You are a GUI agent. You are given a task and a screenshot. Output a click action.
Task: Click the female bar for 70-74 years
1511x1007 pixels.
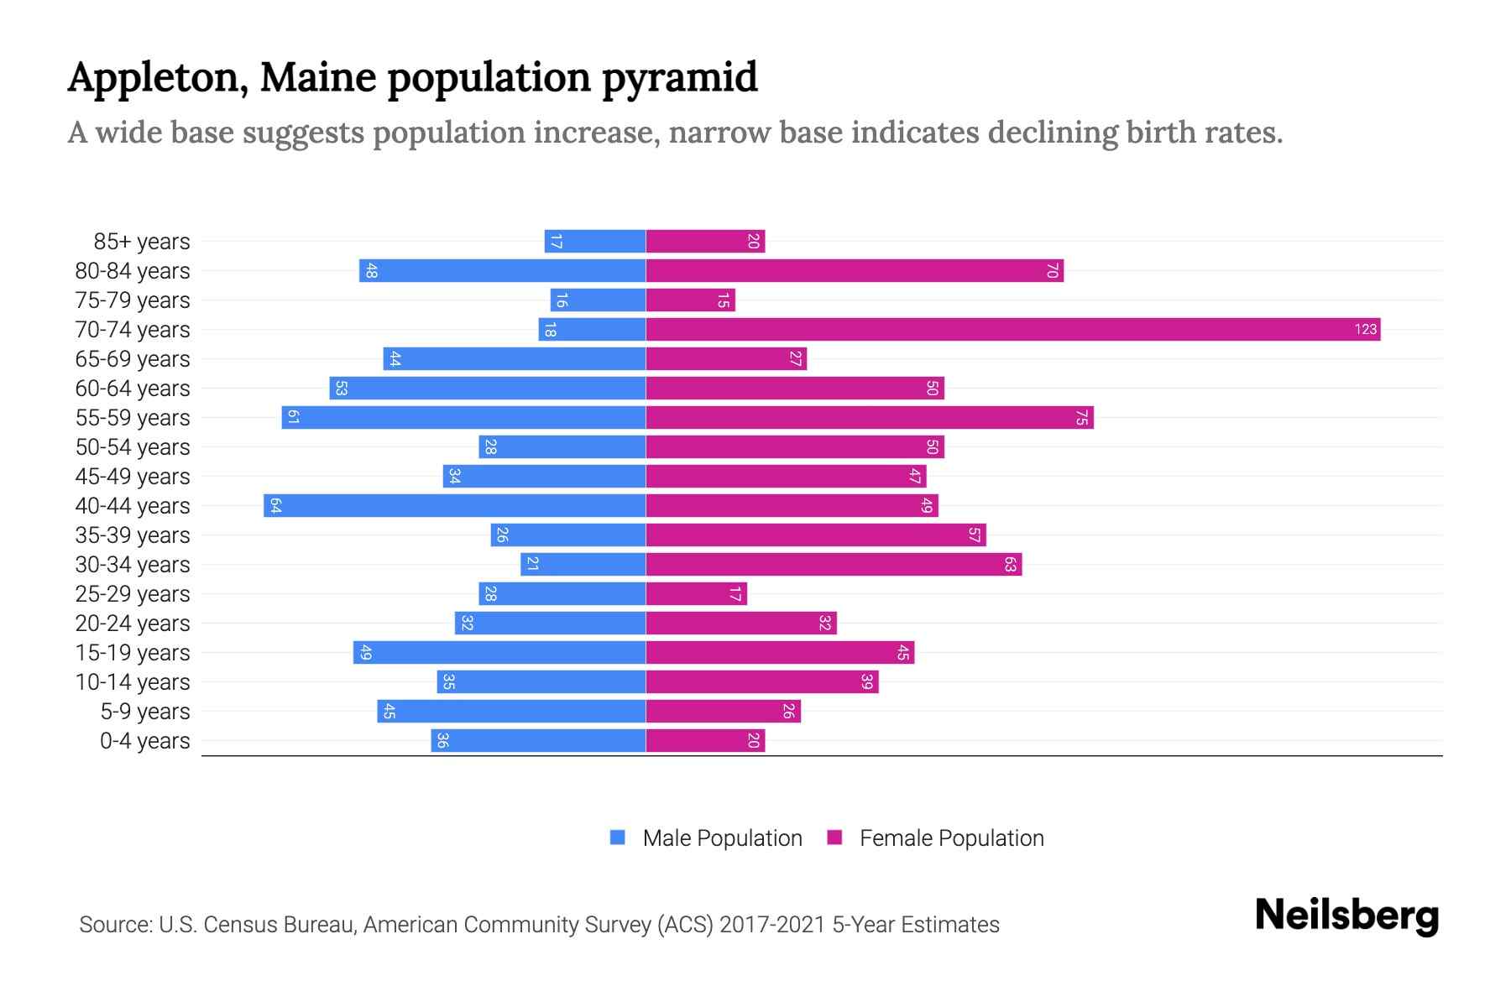pyautogui.click(x=1012, y=330)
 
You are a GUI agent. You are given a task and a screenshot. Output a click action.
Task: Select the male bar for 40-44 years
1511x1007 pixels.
pyautogui.click(x=454, y=506)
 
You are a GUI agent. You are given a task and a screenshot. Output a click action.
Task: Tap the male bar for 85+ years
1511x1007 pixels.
pyautogui.click(x=594, y=242)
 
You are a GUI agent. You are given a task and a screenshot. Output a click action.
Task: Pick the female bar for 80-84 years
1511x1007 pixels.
pyautogui.click(x=854, y=271)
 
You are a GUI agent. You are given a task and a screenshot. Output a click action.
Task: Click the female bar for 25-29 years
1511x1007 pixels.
pyautogui.click(x=696, y=594)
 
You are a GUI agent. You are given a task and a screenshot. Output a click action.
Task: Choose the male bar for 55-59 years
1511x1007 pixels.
pyautogui.click(x=463, y=418)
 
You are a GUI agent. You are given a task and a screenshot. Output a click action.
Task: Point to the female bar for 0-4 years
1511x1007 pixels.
pyautogui.click(x=705, y=741)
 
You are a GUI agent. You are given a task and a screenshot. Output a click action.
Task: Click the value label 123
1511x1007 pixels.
pyautogui.click(x=1365, y=330)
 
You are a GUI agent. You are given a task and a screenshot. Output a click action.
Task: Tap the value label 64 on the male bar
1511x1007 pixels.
pyautogui.click(x=275, y=506)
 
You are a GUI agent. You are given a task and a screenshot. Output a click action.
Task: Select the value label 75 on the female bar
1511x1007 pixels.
pyautogui.click(x=1082, y=418)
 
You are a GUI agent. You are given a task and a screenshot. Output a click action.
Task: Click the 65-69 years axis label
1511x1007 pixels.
pyautogui.click(x=133, y=359)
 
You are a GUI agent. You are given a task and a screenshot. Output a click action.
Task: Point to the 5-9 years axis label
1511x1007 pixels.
pyautogui.click(x=144, y=712)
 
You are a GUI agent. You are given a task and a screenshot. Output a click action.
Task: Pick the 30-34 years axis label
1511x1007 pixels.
pyautogui.click(x=133, y=565)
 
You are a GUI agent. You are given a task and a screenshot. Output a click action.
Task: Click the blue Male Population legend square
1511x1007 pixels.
pyautogui.click(x=618, y=837)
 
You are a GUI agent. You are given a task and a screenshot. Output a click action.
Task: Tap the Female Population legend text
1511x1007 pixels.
pyautogui.click(x=951, y=838)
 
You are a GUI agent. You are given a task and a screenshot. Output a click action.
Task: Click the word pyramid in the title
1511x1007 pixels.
pyautogui.click(x=679, y=78)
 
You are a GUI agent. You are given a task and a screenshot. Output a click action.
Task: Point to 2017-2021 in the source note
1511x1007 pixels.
pyautogui.click(x=772, y=925)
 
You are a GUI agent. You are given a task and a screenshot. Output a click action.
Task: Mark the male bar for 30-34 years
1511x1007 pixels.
pyautogui.click(x=583, y=565)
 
